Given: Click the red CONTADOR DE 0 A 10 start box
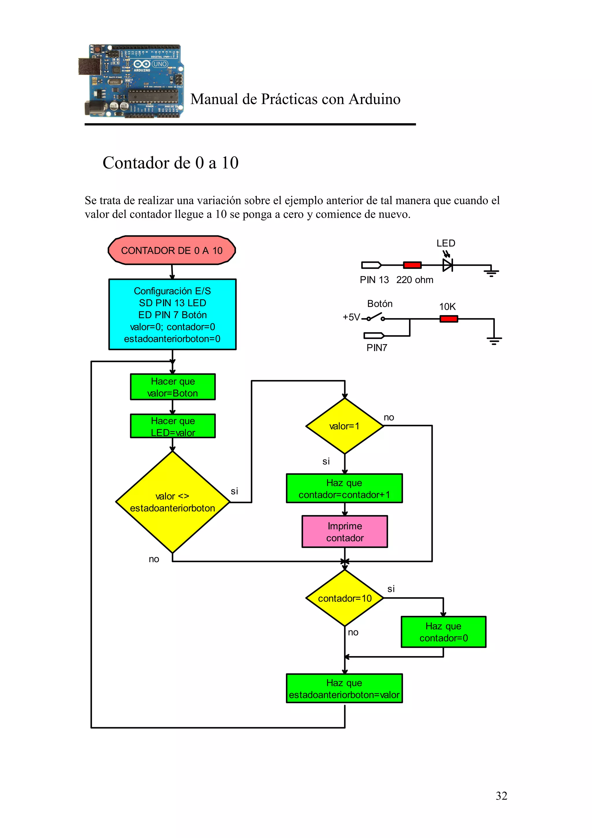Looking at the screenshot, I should [x=171, y=250].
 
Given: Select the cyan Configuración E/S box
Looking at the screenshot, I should [x=172, y=314].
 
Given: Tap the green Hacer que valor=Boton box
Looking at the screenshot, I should [x=173, y=387].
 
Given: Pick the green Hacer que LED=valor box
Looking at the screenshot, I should [x=173, y=426].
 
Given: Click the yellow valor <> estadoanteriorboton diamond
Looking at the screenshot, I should [x=172, y=502].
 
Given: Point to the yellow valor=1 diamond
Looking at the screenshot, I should [x=344, y=426].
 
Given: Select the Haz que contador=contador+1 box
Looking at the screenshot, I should [x=344, y=488].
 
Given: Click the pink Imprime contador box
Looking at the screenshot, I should [x=344, y=531].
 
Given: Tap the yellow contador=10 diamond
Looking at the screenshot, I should [x=344, y=598].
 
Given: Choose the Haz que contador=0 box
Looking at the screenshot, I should [x=443, y=632].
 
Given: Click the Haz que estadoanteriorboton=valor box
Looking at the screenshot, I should [x=344, y=688].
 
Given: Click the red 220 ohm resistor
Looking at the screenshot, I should [x=412, y=265].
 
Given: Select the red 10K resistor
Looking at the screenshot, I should [x=448, y=319].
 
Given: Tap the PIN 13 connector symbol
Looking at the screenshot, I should [x=371, y=265].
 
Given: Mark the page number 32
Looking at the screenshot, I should [x=501, y=796].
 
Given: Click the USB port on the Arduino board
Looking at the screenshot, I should [x=89, y=67].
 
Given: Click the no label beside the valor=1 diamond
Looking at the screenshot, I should [x=389, y=417].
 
